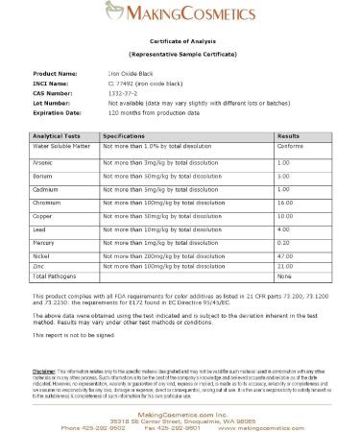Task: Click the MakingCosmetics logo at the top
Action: (x=180, y=15)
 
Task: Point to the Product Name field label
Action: (x=56, y=73)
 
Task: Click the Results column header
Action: (x=288, y=137)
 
